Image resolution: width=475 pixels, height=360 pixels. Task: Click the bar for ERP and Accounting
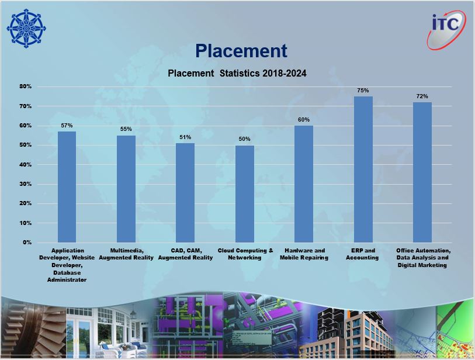point(363,169)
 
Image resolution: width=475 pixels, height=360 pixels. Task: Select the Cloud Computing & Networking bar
point(245,194)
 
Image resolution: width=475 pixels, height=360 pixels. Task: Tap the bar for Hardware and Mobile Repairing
point(304,184)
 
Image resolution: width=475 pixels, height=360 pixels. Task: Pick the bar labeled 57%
point(67,187)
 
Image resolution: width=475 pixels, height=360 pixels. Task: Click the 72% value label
point(422,96)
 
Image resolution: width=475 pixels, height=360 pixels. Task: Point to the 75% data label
point(363,91)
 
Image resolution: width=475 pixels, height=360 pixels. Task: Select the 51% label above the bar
point(185,137)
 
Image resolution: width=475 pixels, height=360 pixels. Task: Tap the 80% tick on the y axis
point(26,86)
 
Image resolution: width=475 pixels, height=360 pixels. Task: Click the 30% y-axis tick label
point(26,184)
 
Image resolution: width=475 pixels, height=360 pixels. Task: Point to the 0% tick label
point(27,243)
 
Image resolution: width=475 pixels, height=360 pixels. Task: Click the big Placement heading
point(241,51)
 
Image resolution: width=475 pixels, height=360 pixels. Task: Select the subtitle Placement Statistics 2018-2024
point(237,73)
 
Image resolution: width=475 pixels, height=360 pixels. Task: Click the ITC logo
point(446,29)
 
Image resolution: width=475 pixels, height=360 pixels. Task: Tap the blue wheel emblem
point(26,28)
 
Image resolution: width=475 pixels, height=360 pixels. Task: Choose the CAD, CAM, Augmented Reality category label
point(185,254)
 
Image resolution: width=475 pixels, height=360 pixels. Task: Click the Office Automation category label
point(423,258)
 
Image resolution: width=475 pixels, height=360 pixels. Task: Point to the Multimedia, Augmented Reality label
point(126,254)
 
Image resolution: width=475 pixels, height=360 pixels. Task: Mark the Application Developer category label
point(67,265)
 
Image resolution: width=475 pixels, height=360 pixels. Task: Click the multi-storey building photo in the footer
point(347,333)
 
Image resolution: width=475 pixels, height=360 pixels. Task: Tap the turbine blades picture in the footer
point(33,328)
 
